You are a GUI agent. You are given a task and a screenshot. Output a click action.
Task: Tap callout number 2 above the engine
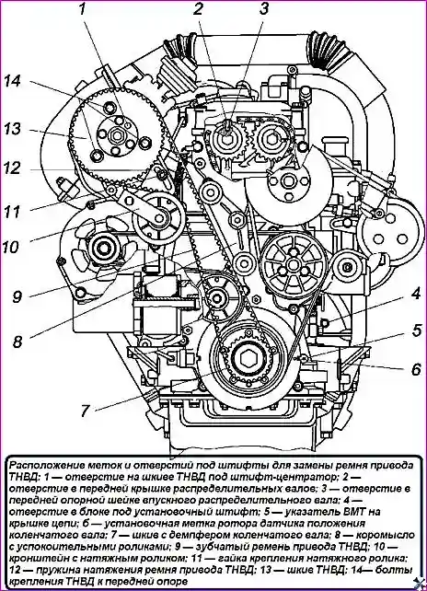pyautogui.click(x=199, y=9)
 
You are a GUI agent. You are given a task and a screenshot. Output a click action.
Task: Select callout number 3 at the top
pyautogui.click(x=264, y=9)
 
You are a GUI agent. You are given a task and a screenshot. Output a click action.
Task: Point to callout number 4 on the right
pyautogui.click(x=415, y=294)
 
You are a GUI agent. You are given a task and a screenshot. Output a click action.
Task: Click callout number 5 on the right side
pyautogui.click(x=416, y=330)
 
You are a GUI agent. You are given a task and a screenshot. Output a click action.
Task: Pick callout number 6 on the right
pyautogui.click(x=416, y=369)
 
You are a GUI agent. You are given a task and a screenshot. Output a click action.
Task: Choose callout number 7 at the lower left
pyautogui.click(x=86, y=411)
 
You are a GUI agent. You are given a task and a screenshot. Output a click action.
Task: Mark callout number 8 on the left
pyautogui.click(x=17, y=342)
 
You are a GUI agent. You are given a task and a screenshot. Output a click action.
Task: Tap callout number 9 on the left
pyautogui.click(x=17, y=296)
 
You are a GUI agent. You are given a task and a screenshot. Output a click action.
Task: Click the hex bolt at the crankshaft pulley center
pyautogui.click(x=248, y=359)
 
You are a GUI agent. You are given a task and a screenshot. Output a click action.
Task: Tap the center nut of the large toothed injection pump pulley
pyautogui.click(x=117, y=134)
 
